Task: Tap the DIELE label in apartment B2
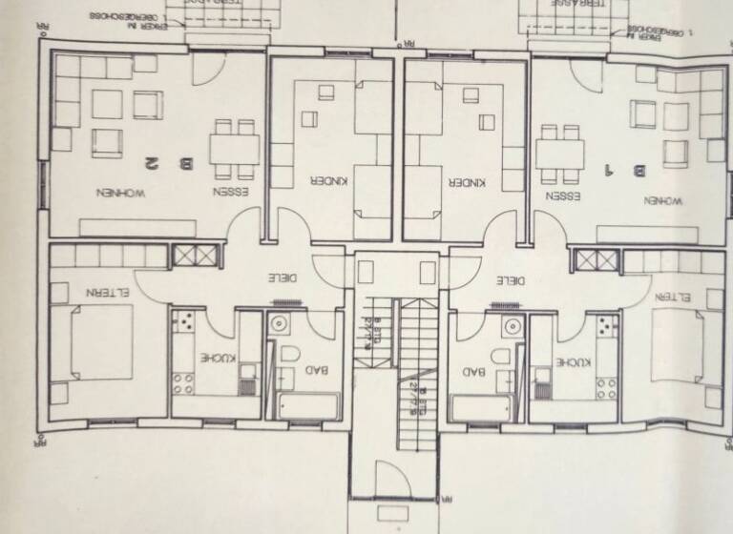click(281, 277)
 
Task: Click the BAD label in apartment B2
click(322, 370)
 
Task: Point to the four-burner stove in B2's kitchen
click(182, 385)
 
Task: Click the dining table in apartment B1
click(559, 154)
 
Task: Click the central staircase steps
click(418, 381)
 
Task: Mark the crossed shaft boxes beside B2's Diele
click(196, 257)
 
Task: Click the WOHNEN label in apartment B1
click(662, 201)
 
